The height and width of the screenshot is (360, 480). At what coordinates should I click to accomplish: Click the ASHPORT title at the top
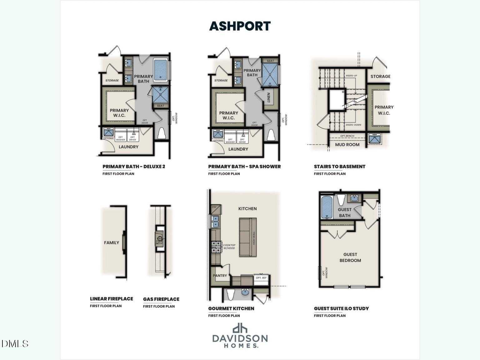[240, 26]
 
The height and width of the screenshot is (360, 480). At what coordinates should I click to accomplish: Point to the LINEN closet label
[268, 98]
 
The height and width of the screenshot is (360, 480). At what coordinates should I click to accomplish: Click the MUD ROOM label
[347, 145]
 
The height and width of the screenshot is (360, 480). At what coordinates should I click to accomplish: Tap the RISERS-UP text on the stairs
[351, 76]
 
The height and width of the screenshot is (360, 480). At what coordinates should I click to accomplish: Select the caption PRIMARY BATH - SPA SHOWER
[244, 167]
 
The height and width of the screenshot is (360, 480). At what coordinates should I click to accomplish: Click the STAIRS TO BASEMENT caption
[339, 167]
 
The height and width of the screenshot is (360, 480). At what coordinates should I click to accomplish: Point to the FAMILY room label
[112, 242]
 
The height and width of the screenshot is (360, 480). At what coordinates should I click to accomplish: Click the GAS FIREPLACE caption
[161, 299]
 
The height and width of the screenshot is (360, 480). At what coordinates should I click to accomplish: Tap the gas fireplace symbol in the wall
[159, 238]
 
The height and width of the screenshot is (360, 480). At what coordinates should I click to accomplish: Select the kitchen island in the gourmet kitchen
[248, 237]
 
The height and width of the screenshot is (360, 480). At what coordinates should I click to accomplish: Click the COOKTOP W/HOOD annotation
[229, 247]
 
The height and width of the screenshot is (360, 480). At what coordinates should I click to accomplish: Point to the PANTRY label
[220, 276]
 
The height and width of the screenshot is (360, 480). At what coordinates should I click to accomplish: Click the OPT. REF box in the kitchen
[261, 278]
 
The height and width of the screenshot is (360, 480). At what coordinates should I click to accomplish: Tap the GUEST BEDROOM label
[350, 257]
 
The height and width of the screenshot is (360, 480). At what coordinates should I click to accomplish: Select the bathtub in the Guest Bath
[327, 207]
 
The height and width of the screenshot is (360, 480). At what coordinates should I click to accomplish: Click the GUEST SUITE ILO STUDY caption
[341, 308]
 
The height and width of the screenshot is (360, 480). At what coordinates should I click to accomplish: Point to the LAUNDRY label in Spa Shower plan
[238, 149]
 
